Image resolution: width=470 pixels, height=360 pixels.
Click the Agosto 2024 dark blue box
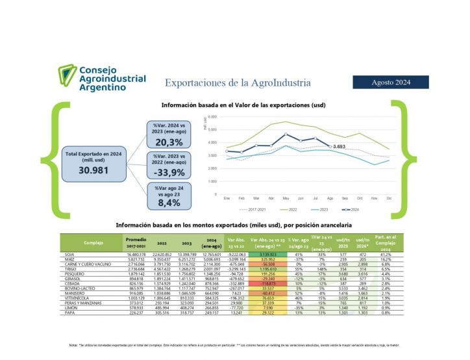tap(390, 82)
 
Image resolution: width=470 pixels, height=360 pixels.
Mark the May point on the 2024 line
tap(286, 135)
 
